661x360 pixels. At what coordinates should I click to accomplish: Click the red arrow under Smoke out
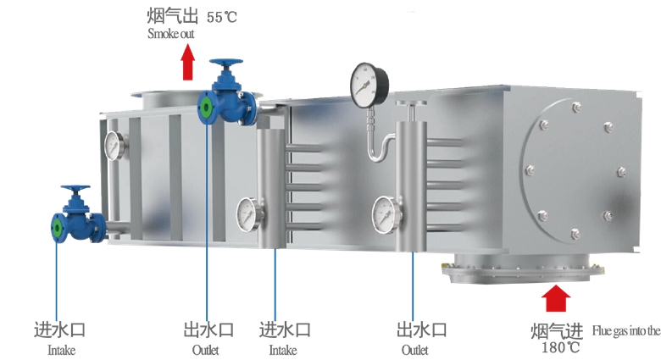(x=188, y=63)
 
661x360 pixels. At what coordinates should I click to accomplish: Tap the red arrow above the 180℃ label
(x=556, y=298)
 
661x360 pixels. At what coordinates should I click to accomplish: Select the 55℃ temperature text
(x=222, y=17)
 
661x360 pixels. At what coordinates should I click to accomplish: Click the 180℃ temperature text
(x=560, y=348)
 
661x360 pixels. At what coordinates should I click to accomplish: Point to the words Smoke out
(x=170, y=34)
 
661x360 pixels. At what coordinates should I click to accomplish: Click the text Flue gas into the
(x=626, y=331)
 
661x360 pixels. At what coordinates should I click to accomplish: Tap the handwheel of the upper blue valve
(x=226, y=64)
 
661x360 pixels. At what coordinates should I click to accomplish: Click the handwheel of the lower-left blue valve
(x=75, y=188)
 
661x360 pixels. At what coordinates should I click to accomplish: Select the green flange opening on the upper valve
(x=206, y=108)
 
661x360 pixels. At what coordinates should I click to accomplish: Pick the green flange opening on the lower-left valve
(x=58, y=229)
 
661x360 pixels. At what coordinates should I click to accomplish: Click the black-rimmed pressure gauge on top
(x=369, y=85)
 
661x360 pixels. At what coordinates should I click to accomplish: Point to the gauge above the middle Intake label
(x=249, y=214)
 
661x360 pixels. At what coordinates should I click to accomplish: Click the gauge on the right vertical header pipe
(x=386, y=215)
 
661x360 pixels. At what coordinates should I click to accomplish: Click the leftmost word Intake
(x=62, y=351)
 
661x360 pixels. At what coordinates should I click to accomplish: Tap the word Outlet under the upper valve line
(x=206, y=350)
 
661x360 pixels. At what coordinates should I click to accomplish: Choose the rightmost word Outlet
(x=414, y=350)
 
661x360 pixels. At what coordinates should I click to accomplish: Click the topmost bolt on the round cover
(x=577, y=108)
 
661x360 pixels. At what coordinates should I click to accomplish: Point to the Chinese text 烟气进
(x=557, y=332)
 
